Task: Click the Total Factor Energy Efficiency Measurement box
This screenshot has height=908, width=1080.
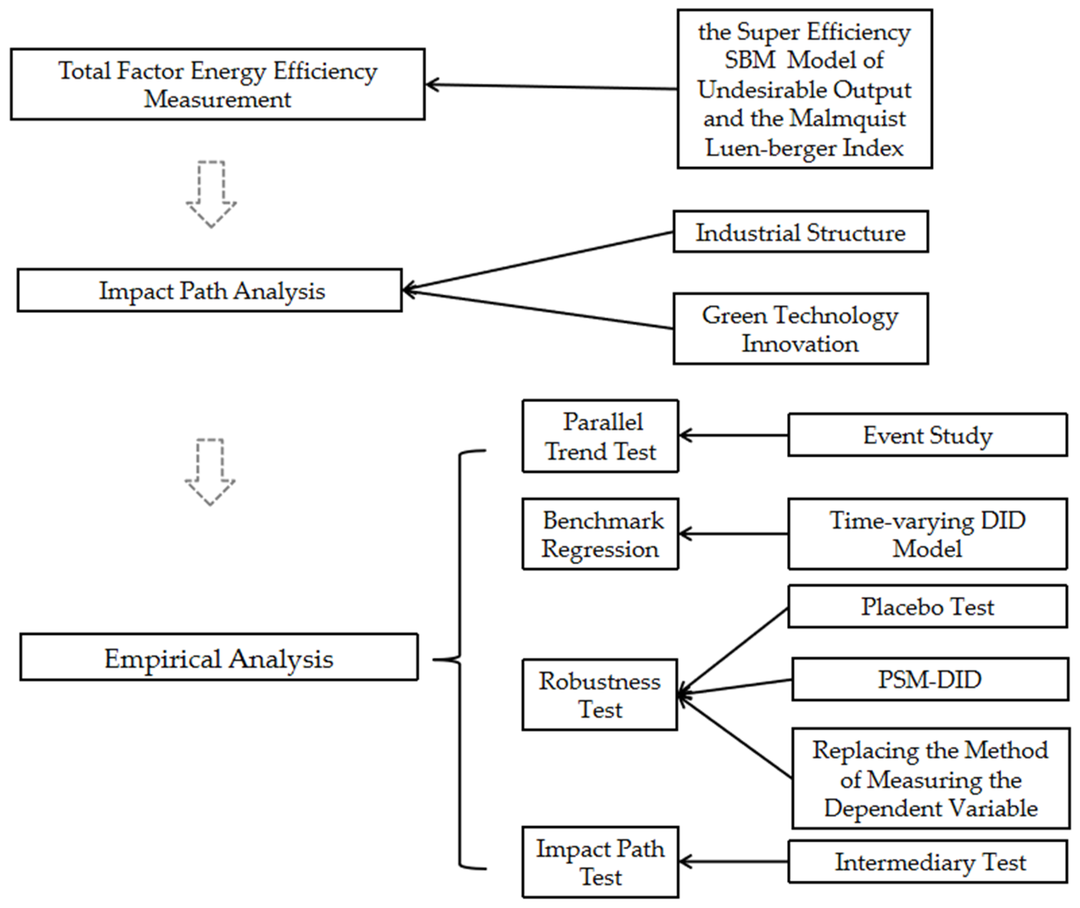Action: click(217, 85)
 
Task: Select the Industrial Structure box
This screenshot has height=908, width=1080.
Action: click(800, 232)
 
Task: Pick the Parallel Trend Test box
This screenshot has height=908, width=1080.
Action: click(600, 436)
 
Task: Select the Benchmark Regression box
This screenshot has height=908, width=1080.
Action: click(600, 534)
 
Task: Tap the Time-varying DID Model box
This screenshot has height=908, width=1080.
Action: click(927, 534)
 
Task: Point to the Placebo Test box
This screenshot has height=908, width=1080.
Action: click(927, 607)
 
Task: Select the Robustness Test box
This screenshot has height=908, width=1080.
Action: click(599, 695)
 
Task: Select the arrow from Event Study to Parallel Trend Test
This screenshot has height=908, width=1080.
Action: click(733, 436)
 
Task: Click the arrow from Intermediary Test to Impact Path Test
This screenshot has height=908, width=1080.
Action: click(733, 861)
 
